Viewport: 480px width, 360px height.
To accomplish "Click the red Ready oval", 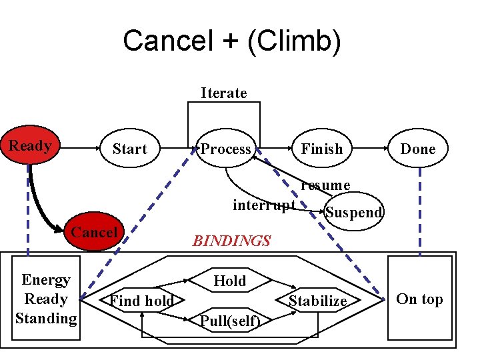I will coord(30,146).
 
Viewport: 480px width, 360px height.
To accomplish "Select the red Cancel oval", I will coord(95,233).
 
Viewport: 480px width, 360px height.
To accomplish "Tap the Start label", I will coord(129,149).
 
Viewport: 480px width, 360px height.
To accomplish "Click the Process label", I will coord(226,149).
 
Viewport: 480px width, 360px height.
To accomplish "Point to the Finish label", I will coord(321,149).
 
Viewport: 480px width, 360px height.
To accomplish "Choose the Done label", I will coord(417,149).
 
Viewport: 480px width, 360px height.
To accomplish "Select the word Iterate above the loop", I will coord(224,93).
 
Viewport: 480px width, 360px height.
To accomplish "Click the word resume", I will coord(325,185).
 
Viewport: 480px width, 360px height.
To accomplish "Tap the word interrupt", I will coord(264,205).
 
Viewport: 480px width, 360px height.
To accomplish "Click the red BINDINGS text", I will coord(231,241).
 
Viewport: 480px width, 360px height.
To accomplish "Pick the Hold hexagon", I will coord(230,281).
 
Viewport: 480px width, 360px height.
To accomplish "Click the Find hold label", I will coord(142,301).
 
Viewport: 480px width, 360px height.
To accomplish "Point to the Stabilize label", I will coord(317,301).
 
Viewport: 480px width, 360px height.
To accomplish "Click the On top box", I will coord(419,299).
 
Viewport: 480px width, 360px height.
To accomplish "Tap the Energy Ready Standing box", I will coord(46,299).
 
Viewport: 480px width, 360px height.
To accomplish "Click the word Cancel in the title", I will coord(166,41).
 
